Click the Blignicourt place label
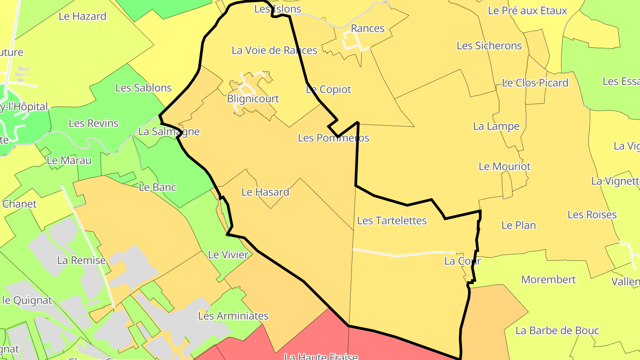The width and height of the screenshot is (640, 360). coord(253,99)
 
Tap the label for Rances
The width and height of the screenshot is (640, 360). coord(368,28)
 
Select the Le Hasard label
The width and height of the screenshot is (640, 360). coord(265,192)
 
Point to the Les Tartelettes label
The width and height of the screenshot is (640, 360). coord(392,220)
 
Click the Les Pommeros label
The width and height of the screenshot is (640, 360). coord(333,138)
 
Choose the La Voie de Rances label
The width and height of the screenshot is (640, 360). coord(274,50)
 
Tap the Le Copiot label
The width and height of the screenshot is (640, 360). coord(328,89)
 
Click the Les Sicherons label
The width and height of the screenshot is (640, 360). coord(489,46)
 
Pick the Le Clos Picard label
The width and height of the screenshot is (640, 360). coord(535,83)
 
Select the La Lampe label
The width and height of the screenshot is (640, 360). coord(496,126)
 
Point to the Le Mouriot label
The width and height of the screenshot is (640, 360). coord(504,166)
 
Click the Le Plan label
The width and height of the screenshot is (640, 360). coord(518,225)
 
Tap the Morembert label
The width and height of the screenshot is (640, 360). coord(548,280)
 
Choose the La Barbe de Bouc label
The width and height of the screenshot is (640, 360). coord(557,331)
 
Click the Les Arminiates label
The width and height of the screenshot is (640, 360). coord(233,316)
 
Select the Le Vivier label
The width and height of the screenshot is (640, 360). coord(228,255)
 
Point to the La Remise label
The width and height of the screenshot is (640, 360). coord(81,260)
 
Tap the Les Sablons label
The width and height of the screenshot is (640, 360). coord(143,88)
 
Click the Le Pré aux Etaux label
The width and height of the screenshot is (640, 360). coord(527,11)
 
